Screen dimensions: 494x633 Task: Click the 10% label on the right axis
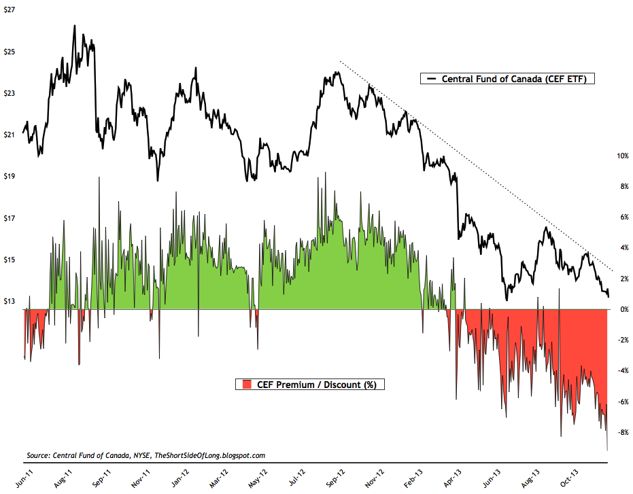click(x=621, y=156)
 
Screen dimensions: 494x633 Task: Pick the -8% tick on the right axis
click(x=621, y=432)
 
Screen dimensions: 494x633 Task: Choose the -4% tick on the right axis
click(x=621, y=371)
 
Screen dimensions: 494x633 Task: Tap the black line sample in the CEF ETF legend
click(x=430, y=79)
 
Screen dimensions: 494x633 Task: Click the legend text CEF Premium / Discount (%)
click(x=317, y=385)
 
